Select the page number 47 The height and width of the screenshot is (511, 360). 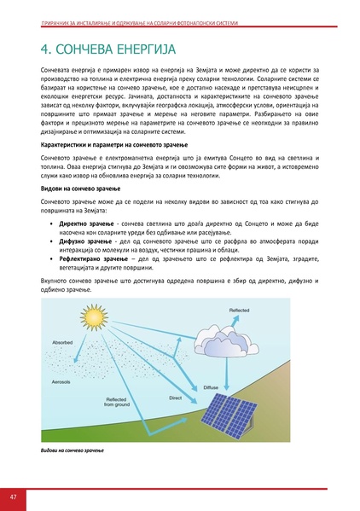[x=14, y=497]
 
